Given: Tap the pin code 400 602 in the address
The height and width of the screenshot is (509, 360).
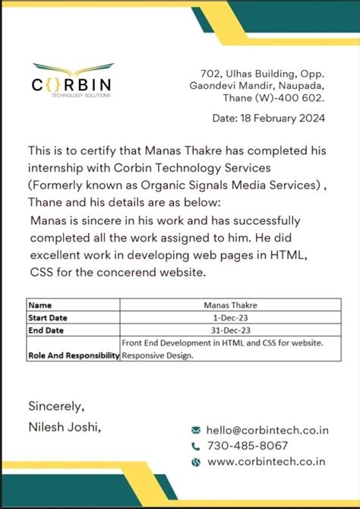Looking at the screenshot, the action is (x=302, y=98).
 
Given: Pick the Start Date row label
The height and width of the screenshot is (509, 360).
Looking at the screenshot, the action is (x=50, y=318).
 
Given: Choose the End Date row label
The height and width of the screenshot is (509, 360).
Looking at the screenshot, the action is (x=48, y=330).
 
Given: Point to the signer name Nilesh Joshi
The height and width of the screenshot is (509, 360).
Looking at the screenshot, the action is (x=64, y=428).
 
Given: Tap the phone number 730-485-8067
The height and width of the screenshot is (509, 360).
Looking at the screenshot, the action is (x=248, y=446).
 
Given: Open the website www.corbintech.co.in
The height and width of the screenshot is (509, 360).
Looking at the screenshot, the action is (x=266, y=461).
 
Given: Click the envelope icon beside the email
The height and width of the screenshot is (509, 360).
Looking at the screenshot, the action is (x=196, y=430).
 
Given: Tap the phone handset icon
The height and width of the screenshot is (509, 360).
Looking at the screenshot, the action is (x=196, y=446).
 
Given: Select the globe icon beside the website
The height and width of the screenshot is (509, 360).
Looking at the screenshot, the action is (x=196, y=462).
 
